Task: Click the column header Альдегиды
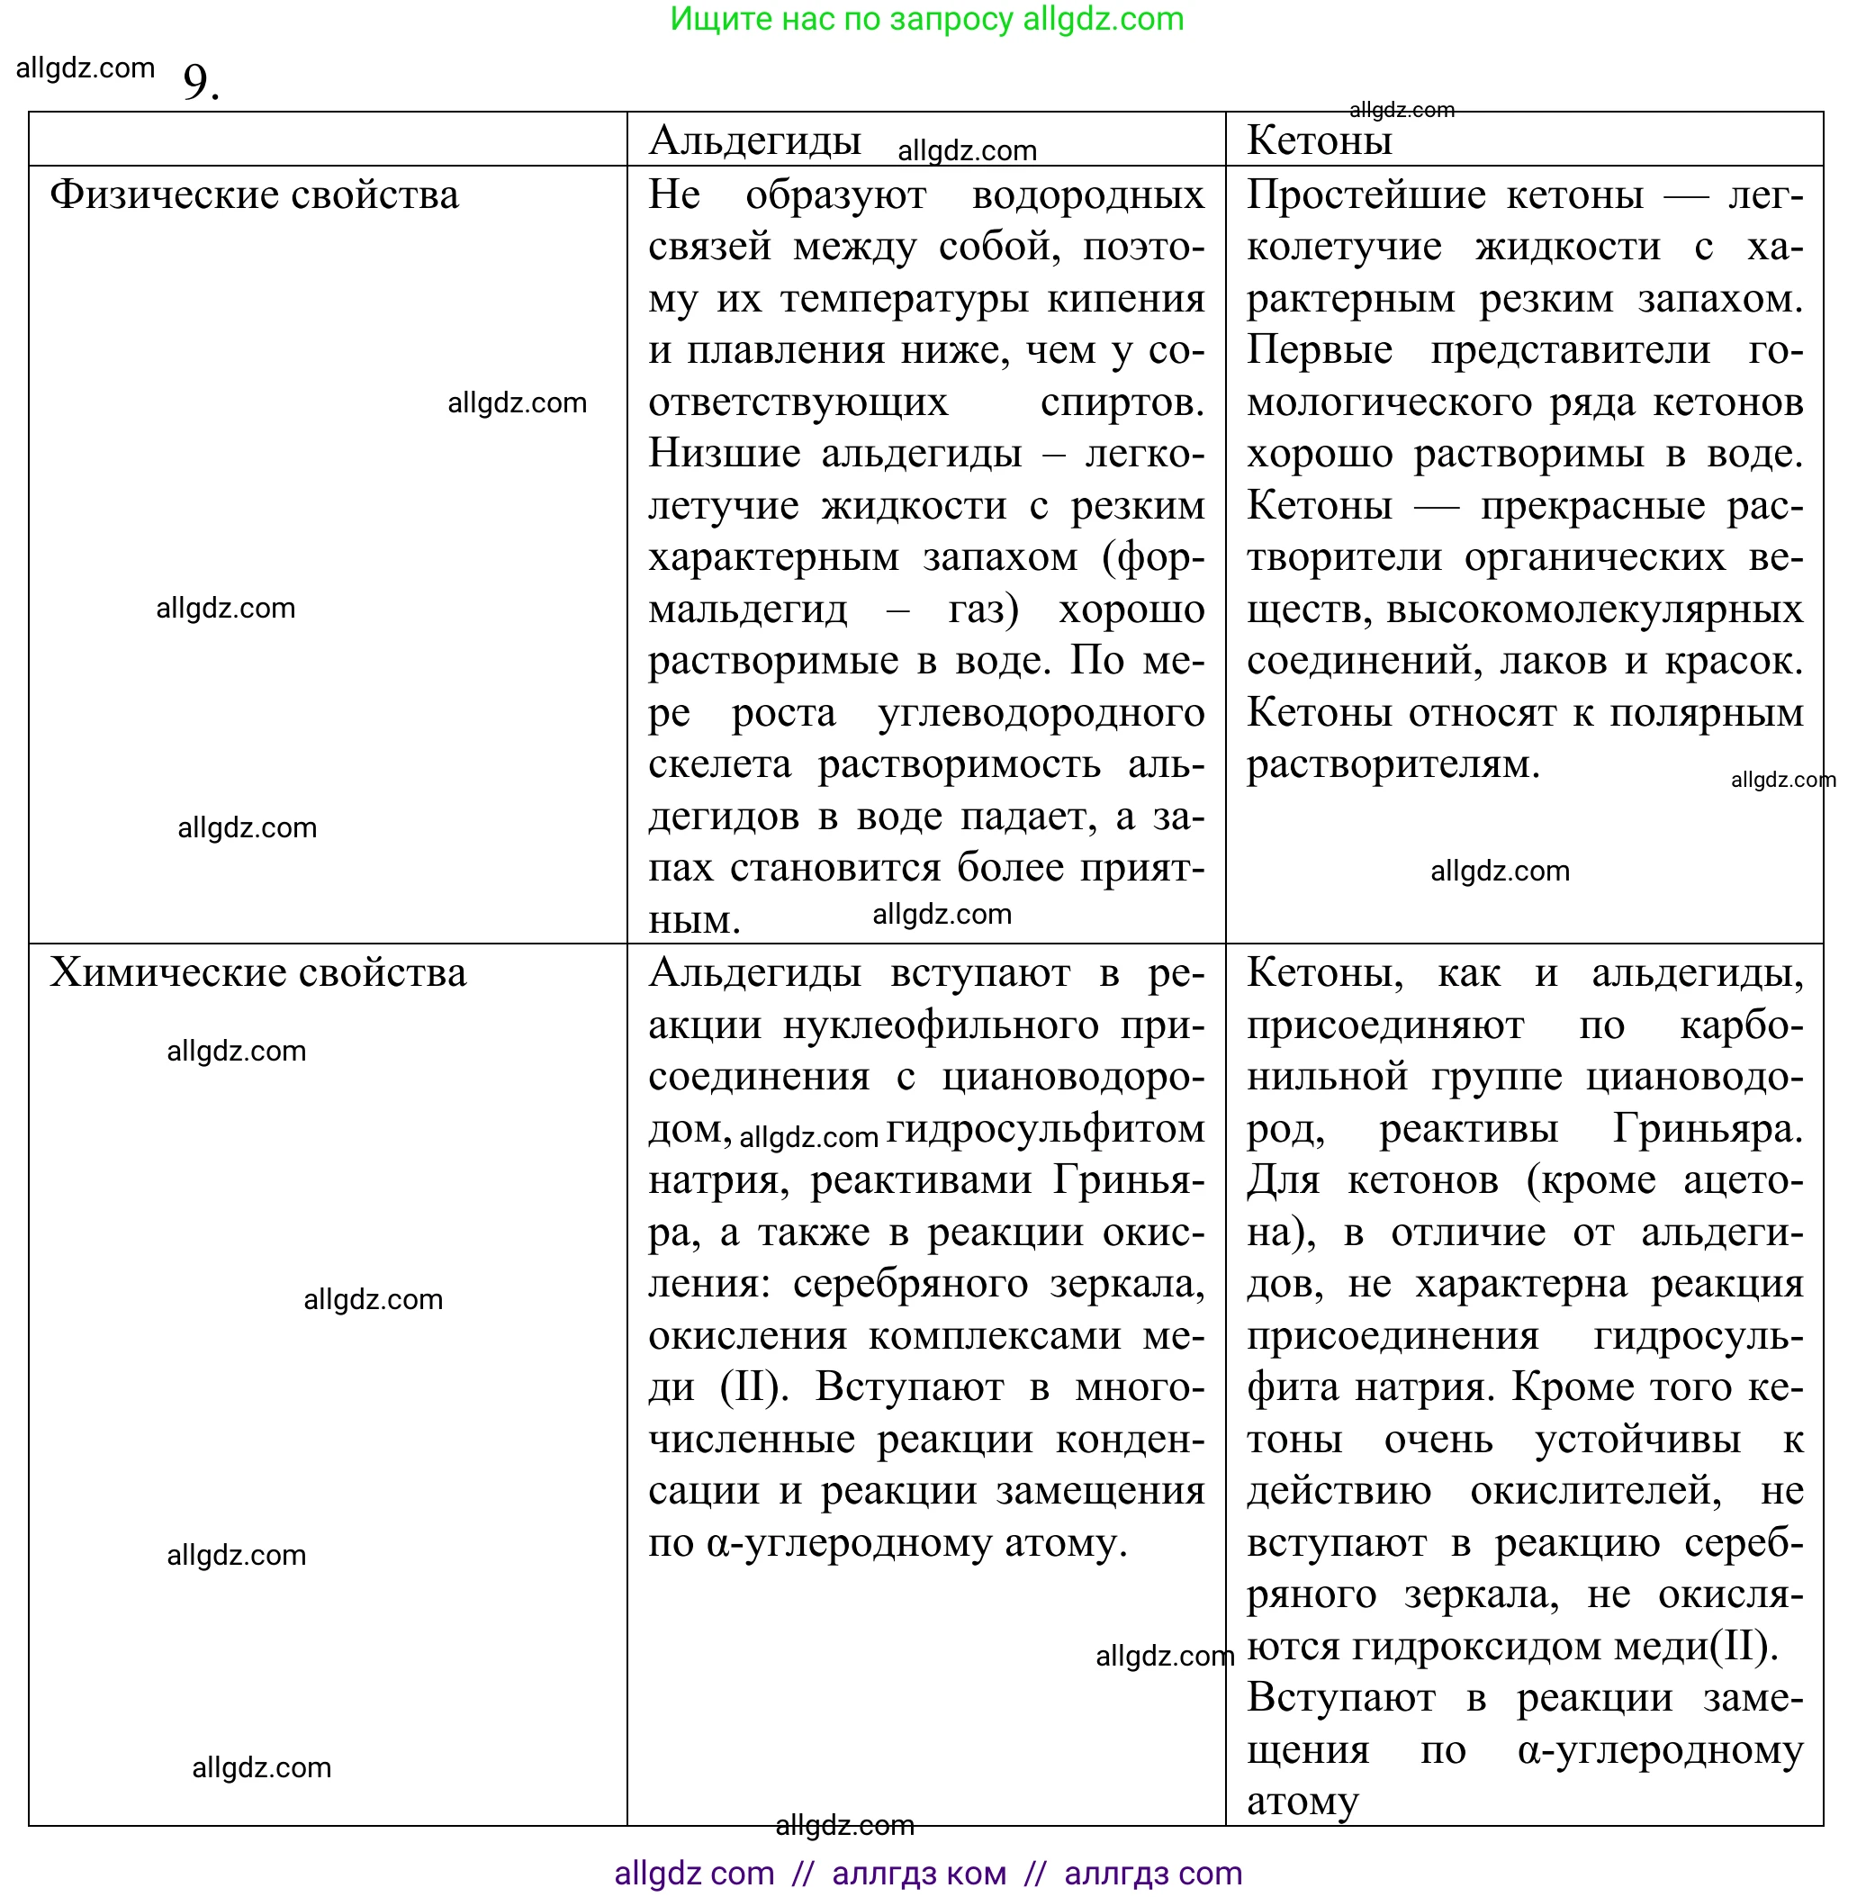[x=755, y=140]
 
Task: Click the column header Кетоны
[x=1319, y=140]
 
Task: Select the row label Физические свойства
[x=254, y=194]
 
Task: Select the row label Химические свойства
[x=257, y=972]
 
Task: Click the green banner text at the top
[x=926, y=19]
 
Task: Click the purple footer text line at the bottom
[x=927, y=1873]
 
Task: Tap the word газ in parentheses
[x=981, y=609]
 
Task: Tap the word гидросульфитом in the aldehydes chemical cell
[x=1044, y=1128]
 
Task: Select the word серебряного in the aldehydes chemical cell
[x=910, y=1284]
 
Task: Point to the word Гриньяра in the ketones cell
[x=1706, y=1128]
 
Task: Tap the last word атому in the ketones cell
[x=1301, y=1802]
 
